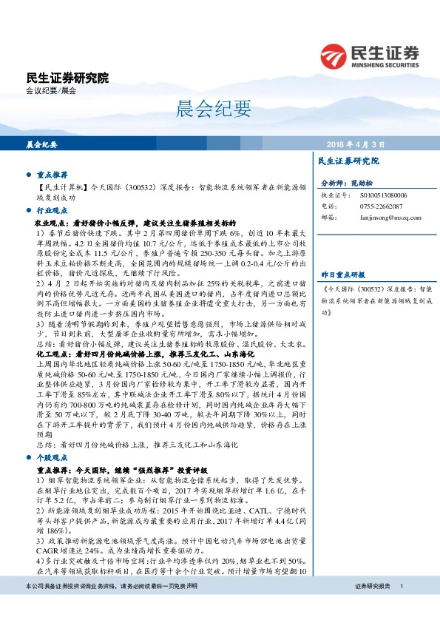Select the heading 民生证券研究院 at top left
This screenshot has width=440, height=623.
pos(67,78)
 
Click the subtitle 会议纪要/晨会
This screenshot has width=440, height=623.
pos(50,90)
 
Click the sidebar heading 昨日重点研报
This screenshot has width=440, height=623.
pos(345,273)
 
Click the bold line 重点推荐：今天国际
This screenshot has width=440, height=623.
pos(122,470)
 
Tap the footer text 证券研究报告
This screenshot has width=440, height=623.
pos(372,607)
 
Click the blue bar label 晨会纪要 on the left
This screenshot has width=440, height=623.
pos(41,144)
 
